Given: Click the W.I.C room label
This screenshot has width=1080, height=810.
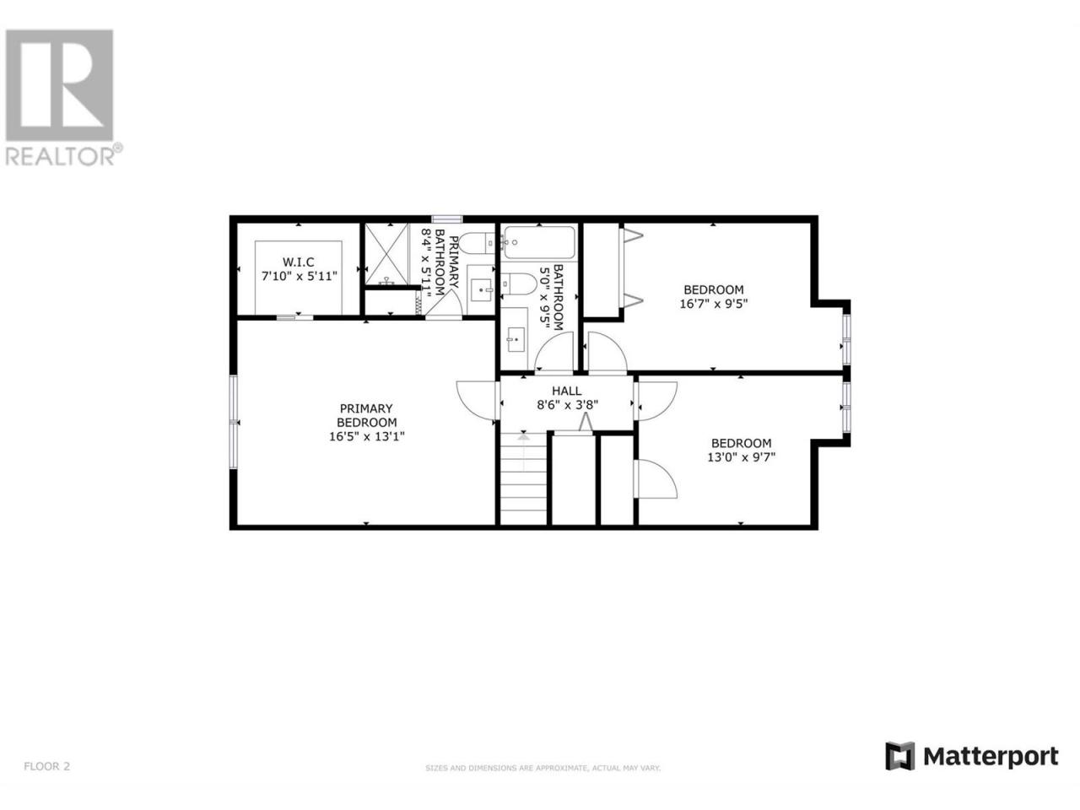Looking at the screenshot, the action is (x=298, y=262).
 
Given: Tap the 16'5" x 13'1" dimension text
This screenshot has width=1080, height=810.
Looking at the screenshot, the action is (x=366, y=436).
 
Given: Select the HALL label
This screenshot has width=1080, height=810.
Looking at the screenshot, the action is (x=566, y=391).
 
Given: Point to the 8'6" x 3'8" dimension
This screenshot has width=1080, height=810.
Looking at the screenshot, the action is (x=567, y=405).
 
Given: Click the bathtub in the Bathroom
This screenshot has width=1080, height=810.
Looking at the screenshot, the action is (x=539, y=242).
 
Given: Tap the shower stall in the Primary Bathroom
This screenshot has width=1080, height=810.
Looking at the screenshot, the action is (x=386, y=254).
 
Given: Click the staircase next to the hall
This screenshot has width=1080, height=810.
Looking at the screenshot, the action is (x=523, y=478).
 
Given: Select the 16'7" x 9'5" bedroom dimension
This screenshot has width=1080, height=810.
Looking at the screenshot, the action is (x=714, y=304).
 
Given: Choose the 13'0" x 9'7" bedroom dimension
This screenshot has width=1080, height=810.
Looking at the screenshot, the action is (x=741, y=456).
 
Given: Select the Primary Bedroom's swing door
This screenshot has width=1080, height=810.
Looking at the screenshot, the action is (x=476, y=401).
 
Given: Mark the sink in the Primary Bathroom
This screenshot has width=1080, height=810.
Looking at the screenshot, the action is (x=481, y=290).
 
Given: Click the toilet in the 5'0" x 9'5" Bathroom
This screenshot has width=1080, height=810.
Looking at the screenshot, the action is (x=519, y=284).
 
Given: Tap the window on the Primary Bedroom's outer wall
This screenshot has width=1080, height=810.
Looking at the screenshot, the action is (x=233, y=422).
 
